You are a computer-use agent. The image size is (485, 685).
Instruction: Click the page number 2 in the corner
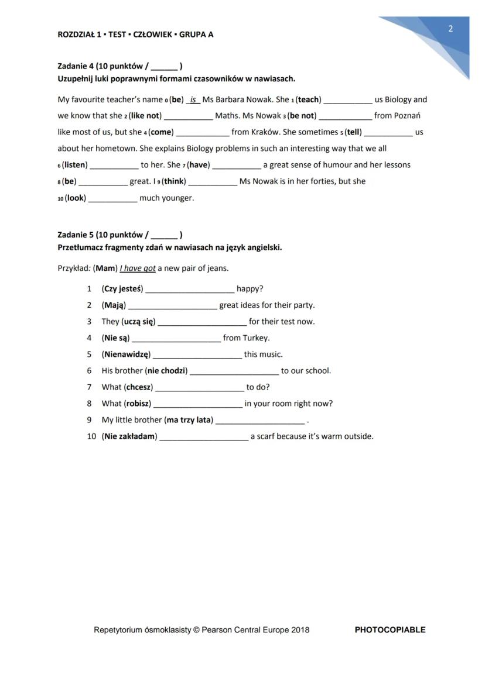pos(450,29)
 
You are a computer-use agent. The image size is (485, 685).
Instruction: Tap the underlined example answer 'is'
pos(193,99)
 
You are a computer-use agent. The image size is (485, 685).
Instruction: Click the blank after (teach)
pos(348,100)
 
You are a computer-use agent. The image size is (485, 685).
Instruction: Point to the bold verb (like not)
pos(144,116)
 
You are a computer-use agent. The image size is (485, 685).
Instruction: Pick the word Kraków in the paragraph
pos(265,132)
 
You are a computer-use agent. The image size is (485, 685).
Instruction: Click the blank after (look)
pos(112,198)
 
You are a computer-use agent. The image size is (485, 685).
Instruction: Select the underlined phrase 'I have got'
pos(138,269)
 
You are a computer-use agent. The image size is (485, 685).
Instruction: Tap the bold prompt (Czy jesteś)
pos(122,289)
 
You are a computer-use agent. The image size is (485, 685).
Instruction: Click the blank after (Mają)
pos(173,305)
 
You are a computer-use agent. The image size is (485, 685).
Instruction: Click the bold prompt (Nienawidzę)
pos(126,354)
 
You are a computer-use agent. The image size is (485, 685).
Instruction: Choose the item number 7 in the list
pos(89,387)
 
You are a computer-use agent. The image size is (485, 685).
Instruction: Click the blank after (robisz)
pos(198,404)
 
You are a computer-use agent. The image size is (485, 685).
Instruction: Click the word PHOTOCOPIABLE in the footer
pos(390,630)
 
